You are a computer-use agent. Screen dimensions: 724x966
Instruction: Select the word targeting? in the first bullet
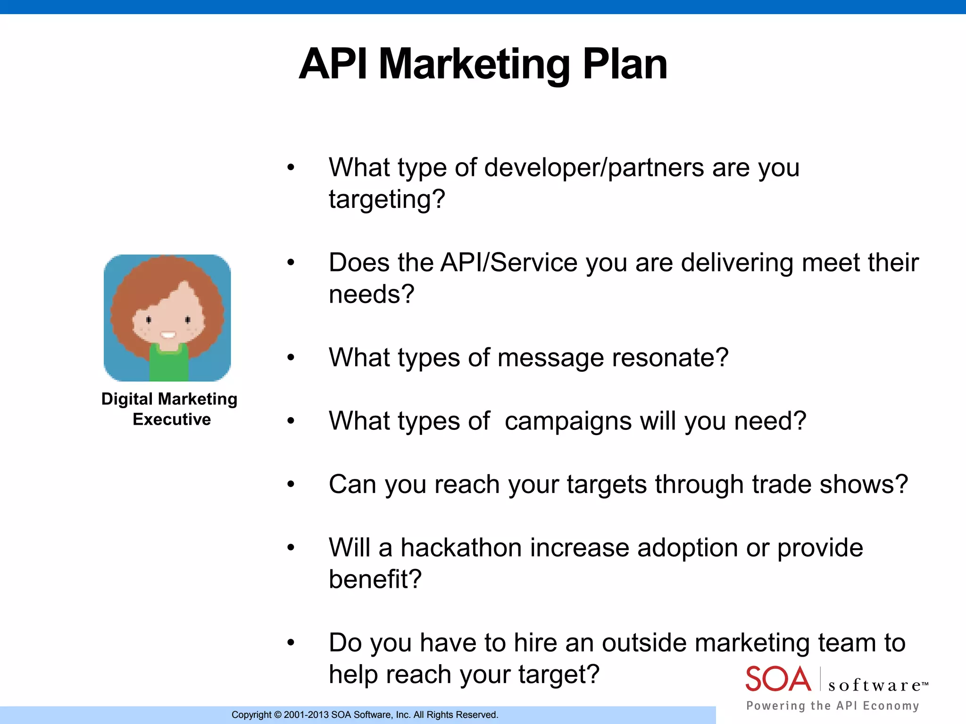[387, 199]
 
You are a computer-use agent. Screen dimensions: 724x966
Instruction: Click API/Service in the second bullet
[508, 263]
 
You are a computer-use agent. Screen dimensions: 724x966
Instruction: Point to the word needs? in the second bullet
[371, 295]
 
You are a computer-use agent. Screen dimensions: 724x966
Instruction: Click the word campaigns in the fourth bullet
[568, 421]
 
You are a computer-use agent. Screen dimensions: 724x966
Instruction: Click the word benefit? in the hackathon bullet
[375, 579]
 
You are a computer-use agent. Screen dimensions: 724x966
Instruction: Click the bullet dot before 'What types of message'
[291, 358]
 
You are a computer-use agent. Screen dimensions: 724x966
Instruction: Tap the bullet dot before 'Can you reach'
[291, 484]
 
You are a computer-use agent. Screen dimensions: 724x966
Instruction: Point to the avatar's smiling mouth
[168, 335]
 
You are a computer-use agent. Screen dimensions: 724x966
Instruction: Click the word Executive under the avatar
[172, 420]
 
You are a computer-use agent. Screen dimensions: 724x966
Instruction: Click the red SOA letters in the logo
[778, 679]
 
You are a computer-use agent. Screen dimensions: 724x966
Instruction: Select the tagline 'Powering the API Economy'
[833, 706]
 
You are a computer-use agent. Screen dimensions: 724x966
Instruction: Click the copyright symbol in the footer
[277, 715]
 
